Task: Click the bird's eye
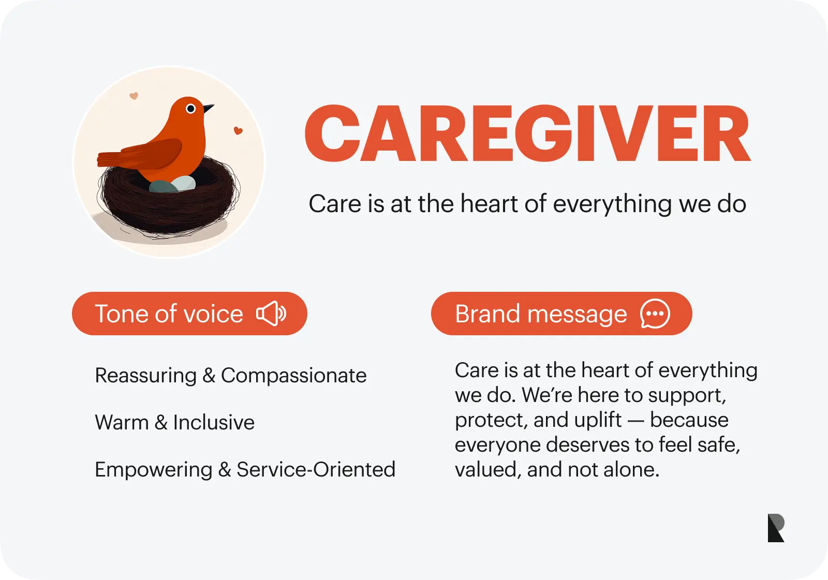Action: coord(191,108)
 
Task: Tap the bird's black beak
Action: coord(208,108)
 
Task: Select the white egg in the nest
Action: coord(184,183)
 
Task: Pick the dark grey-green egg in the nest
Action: coord(163,186)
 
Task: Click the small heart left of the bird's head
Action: coord(134,96)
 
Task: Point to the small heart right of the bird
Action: coord(238,130)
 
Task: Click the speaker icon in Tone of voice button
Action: coord(271,314)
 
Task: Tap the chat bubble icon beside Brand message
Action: coord(655,314)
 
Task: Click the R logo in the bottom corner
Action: coord(776,528)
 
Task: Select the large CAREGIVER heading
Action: coord(528,133)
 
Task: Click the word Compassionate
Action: coord(294,376)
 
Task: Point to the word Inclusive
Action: coord(214,422)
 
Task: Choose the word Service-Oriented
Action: coord(316,469)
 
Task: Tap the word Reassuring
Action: coord(145,376)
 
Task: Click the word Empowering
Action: coord(154,470)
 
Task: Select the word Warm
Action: coord(122,422)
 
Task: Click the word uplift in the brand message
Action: coord(598,420)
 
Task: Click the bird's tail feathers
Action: coord(111,159)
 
